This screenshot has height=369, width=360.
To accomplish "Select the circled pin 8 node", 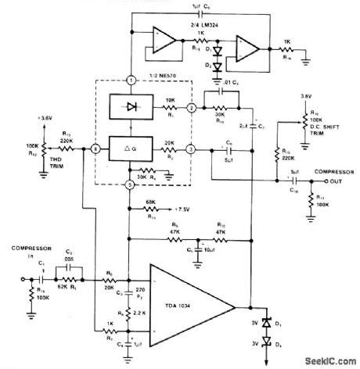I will (x=94, y=147).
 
